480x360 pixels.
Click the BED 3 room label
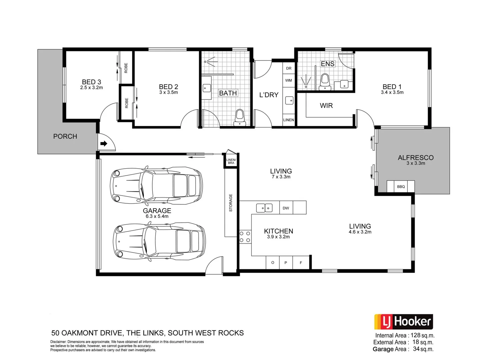(x=91, y=82)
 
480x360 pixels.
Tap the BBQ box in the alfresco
(x=401, y=186)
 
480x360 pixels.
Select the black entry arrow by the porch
(x=104, y=144)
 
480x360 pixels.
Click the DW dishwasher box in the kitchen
(x=286, y=208)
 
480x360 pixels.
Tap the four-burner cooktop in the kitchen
(x=245, y=237)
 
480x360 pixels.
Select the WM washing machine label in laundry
(x=288, y=80)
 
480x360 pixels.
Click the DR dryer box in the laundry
(x=289, y=68)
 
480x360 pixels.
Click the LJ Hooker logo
(x=403, y=322)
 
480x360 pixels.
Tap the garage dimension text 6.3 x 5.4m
(x=157, y=216)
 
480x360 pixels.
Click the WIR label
(x=326, y=106)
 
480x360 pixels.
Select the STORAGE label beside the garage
(x=231, y=203)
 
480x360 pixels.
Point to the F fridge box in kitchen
(x=301, y=263)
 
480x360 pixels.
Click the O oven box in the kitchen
(x=273, y=263)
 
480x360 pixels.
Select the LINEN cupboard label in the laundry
(x=289, y=120)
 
